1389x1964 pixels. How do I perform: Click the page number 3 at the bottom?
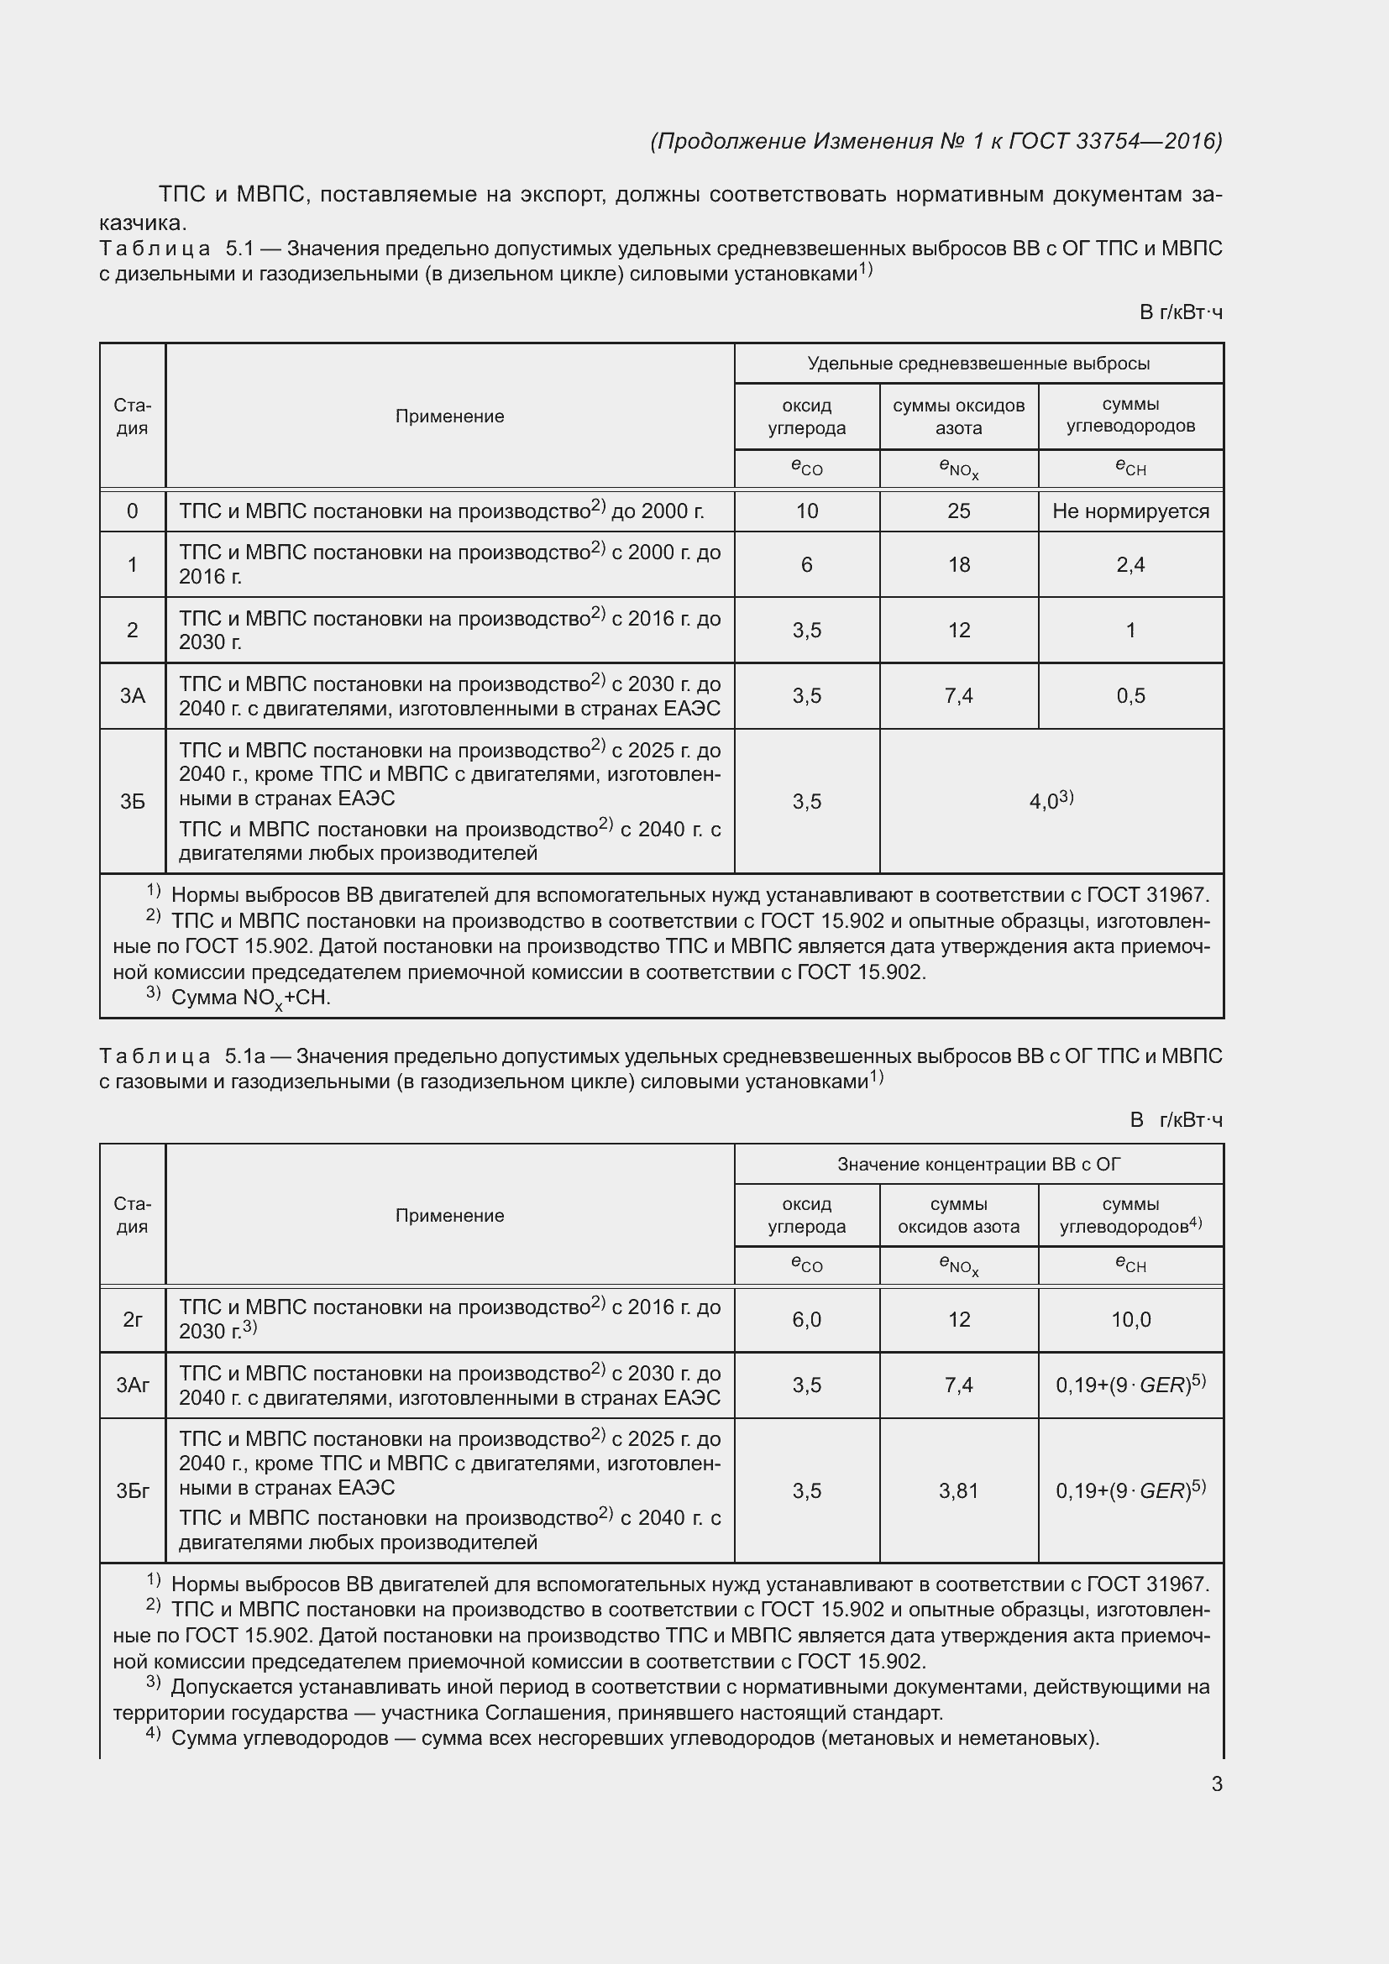pyautogui.click(x=1216, y=1784)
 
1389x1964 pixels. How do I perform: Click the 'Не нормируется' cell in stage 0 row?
pyautogui.click(x=1130, y=511)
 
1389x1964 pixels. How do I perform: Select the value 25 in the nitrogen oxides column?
pyautogui.click(x=959, y=511)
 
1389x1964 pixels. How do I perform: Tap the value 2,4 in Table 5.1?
pyautogui.click(x=1130, y=564)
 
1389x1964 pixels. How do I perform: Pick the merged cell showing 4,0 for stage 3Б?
pyautogui.click(x=1051, y=801)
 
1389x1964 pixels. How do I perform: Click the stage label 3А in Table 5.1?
pyautogui.click(x=133, y=695)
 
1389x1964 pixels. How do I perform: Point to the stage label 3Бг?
pyautogui.click(x=133, y=1491)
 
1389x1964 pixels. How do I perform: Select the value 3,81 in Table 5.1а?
pyautogui.click(x=958, y=1491)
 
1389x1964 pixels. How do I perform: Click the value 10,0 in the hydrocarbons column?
pyautogui.click(x=1130, y=1320)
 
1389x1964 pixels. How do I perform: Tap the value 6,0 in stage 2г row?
pyautogui.click(x=806, y=1320)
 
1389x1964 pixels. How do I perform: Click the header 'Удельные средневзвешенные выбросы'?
pyautogui.click(x=978, y=364)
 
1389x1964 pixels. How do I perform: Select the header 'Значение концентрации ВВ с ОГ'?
pyautogui.click(x=978, y=1164)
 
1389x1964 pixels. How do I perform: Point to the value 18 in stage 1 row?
pyautogui.click(x=959, y=564)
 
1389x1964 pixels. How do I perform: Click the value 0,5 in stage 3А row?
pyautogui.click(x=1130, y=695)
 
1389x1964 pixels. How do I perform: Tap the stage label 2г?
pyautogui.click(x=133, y=1320)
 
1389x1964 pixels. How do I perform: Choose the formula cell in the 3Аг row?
pyautogui.click(x=1130, y=1385)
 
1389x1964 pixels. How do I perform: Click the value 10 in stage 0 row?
pyautogui.click(x=806, y=511)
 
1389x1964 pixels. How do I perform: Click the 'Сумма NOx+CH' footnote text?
pyautogui.click(x=249, y=998)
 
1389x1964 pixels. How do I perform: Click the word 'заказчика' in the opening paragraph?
pyautogui.click(x=142, y=223)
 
